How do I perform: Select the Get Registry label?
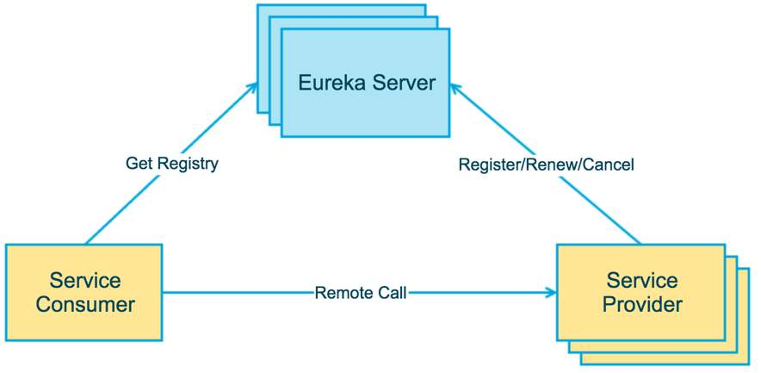pyautogui.click(x=171, y=163)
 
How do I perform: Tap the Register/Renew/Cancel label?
pyautogui.click(x=546, y=164)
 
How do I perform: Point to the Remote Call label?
pyautogui.click(x=361, y=292)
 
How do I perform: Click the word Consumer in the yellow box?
pyautogui.click(x=85, y=304)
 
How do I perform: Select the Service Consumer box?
pyautogui.click(x=84, y=292)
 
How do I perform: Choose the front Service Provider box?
pyautogui.click(x=642, y=292)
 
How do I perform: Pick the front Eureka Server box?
pyautogui.click(x=366, y=83)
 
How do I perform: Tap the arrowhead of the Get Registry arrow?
pyautogui.click(x=254, y=85)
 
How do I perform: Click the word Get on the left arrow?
pyautogui.click(x=139, y=163)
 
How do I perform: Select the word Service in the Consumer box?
pyautogui.click(x=85, y=280)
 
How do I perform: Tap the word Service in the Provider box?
pyautogui.click(x=642, y=280)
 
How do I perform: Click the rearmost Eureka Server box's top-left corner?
pyautogui.click(x=258, y=6)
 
